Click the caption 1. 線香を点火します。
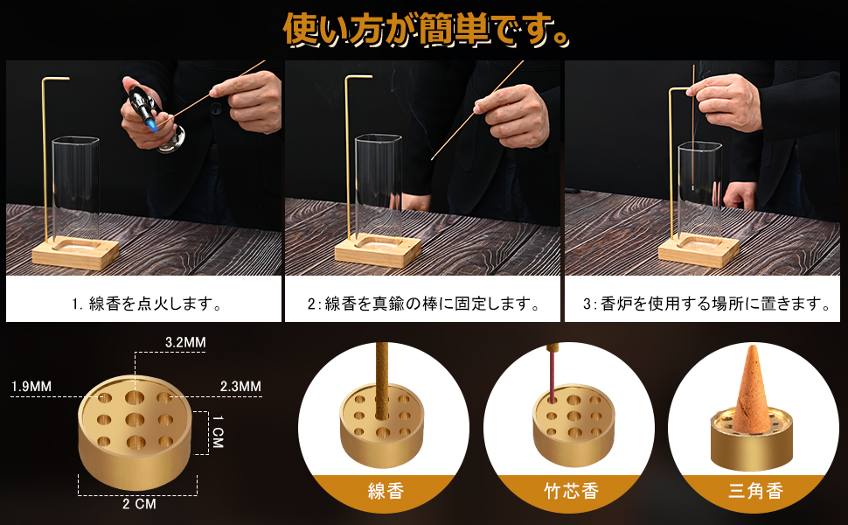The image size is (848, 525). pos(145,304)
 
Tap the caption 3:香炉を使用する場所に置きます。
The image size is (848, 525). pos(706,304)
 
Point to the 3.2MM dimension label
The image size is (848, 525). pos(185,342)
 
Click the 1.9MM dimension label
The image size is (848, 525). pos(31,386)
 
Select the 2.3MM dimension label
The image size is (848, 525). pos(240,386)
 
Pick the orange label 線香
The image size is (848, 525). pos(386,491)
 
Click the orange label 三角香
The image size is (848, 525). pos(753,491)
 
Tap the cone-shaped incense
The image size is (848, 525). pos(753,389)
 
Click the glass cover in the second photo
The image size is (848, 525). pos(378,188)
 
